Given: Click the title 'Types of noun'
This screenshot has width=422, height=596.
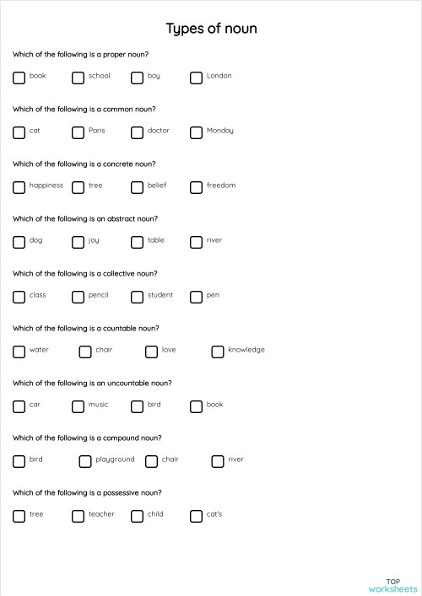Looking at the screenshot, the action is click(211, 30).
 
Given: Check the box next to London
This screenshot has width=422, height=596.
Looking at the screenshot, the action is click(197, 78).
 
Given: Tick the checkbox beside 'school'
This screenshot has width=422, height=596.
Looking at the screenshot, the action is click(78, 78).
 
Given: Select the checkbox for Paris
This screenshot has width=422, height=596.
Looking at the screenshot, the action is click(78, 132).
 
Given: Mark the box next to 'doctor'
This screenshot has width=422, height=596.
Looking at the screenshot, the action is click(138, 132).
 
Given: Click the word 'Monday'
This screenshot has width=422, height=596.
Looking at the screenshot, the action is click(220, 131).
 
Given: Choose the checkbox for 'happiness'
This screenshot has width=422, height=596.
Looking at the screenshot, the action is click(19, 187).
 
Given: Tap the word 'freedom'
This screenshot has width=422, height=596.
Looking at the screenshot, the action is click(221, 185).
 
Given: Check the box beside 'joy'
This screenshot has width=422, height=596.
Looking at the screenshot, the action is click(78, 242).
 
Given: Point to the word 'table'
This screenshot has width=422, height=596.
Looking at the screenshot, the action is click(156, 240).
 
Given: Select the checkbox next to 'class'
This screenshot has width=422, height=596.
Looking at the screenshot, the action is click(19, 297).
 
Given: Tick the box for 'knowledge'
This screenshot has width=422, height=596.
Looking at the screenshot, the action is click(218, 352).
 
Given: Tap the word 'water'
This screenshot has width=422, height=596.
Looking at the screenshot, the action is click(39, 350).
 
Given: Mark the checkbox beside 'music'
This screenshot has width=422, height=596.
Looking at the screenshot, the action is click(78, 406).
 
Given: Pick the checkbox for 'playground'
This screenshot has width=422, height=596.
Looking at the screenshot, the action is click(85, 461).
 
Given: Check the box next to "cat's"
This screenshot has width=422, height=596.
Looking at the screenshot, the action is click(197, 516).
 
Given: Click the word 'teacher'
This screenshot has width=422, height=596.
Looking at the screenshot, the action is click(101, 514).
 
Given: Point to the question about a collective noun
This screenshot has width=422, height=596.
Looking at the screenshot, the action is click(85, 274).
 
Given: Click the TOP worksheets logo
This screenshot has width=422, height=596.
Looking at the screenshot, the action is click(392, 584).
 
